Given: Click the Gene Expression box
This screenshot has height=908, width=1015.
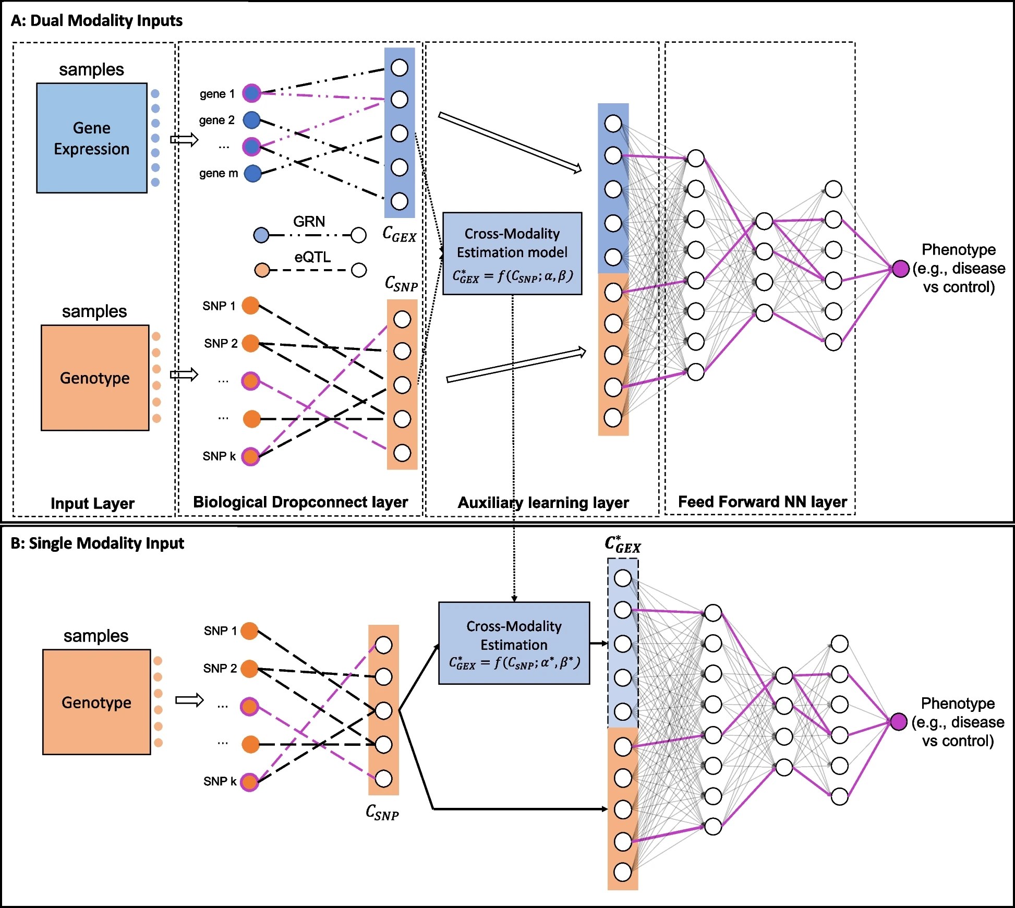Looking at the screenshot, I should [x=92, y=138].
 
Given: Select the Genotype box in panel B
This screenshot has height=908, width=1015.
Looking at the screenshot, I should [x=96, y=702].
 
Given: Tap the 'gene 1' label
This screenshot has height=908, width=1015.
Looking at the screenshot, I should [x=217, y=94].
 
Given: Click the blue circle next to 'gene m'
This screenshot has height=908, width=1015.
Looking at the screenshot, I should [x=252, y=173].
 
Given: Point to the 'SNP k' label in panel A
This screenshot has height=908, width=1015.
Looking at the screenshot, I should [x=219, y=456].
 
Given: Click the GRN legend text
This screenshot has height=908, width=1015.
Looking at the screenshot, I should [x=309, y=222].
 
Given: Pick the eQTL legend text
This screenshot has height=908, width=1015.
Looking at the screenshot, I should [x=312, y=257].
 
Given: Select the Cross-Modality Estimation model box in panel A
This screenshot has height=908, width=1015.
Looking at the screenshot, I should [x=512, y=253].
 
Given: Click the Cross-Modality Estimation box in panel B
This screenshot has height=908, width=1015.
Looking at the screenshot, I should [x=514, y=643].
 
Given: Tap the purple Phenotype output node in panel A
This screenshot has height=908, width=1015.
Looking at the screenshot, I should [x=900, y=269].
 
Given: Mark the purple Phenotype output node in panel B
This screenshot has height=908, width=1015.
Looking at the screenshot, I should [x=898, y=722].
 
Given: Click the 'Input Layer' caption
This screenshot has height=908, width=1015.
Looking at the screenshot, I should [x=92, y=503].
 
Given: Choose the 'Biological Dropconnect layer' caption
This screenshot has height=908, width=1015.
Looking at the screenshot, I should [x=300, y=502].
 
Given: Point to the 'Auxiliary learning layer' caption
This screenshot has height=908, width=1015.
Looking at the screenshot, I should [x=543, y=503].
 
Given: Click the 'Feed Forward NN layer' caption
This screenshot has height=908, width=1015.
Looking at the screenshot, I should [x=762, y=502].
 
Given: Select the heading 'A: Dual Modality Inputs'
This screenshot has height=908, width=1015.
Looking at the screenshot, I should [x=96, y=20].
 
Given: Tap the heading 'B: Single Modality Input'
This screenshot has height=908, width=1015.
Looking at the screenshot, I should [x=97, y=543].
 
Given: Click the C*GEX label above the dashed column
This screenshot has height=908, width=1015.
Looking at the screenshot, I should [x=623, y=544].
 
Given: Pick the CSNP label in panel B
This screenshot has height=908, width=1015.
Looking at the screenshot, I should [x=382, y=813].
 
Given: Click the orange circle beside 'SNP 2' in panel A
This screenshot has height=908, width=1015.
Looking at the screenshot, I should [x=251, y=343].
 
